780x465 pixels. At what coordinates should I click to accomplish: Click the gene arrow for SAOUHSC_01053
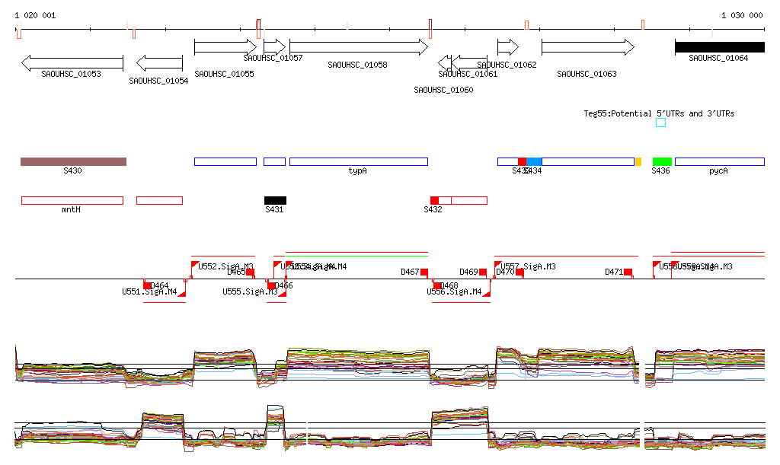pyautogui.click(x=72, y=62)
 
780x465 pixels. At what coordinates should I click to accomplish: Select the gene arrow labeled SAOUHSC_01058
pyautogui.click(x=358, y=47)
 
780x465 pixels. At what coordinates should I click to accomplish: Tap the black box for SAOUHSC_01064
pyautogui.click(x=719, y=47)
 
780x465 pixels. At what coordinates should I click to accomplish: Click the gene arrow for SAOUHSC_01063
pyautogui.click(x=587, y=47)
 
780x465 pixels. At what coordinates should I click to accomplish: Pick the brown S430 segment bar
pyautogui.click(x=73, y=161)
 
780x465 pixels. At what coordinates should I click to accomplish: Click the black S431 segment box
pyautogui.click(x=275, y=200)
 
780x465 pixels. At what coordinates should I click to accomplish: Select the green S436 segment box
pyautogui.click(x=662, y=161)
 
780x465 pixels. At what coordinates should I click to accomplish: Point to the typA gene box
pyautogui.click(x=358, y=161)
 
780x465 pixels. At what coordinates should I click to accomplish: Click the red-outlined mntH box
pyautogui.click(x=72, y=200)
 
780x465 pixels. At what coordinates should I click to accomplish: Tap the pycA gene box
pyautogui.click(x=719, y=161)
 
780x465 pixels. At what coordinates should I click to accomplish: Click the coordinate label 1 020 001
pyautogui.click(x=35, y=15)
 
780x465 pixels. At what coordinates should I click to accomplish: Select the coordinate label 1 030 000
pyautogui.click(x=742, y=15)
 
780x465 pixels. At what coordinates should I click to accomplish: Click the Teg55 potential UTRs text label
pyautogui.click(x=659, y=113)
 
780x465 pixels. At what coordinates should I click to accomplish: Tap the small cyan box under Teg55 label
pyautogui.click(x=660, y=123)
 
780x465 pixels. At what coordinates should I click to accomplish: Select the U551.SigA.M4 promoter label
pyautogui.click(x=149, y=291)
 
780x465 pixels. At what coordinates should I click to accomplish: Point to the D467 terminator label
pyautogui.click(x=410, y=272)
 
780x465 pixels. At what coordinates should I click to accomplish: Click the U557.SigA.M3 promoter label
pyautogui.click(x=529, y=267)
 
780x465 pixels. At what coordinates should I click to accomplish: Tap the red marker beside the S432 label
pyautogui.click(x=434, y=200)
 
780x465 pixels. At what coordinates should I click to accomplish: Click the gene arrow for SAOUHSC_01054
pyautogui.click(x=159, y=62)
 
